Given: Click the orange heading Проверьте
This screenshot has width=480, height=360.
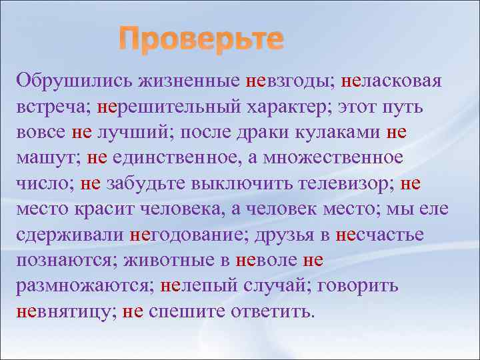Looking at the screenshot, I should [x=201, y=41].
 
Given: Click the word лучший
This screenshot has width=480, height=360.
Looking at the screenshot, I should [x=133, y=132].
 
